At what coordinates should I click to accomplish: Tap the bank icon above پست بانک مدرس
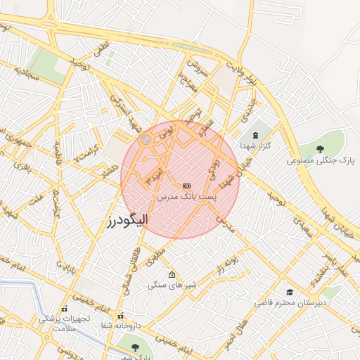coord(186,186)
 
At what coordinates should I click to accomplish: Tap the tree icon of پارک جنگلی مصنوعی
coord(321,148)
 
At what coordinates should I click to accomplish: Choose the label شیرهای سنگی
coord(172,285)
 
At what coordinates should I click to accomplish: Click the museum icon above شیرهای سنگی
coord(172,274)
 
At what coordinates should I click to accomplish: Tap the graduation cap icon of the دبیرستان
coord(290,292)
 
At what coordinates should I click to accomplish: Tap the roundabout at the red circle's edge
coord(146,141)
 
